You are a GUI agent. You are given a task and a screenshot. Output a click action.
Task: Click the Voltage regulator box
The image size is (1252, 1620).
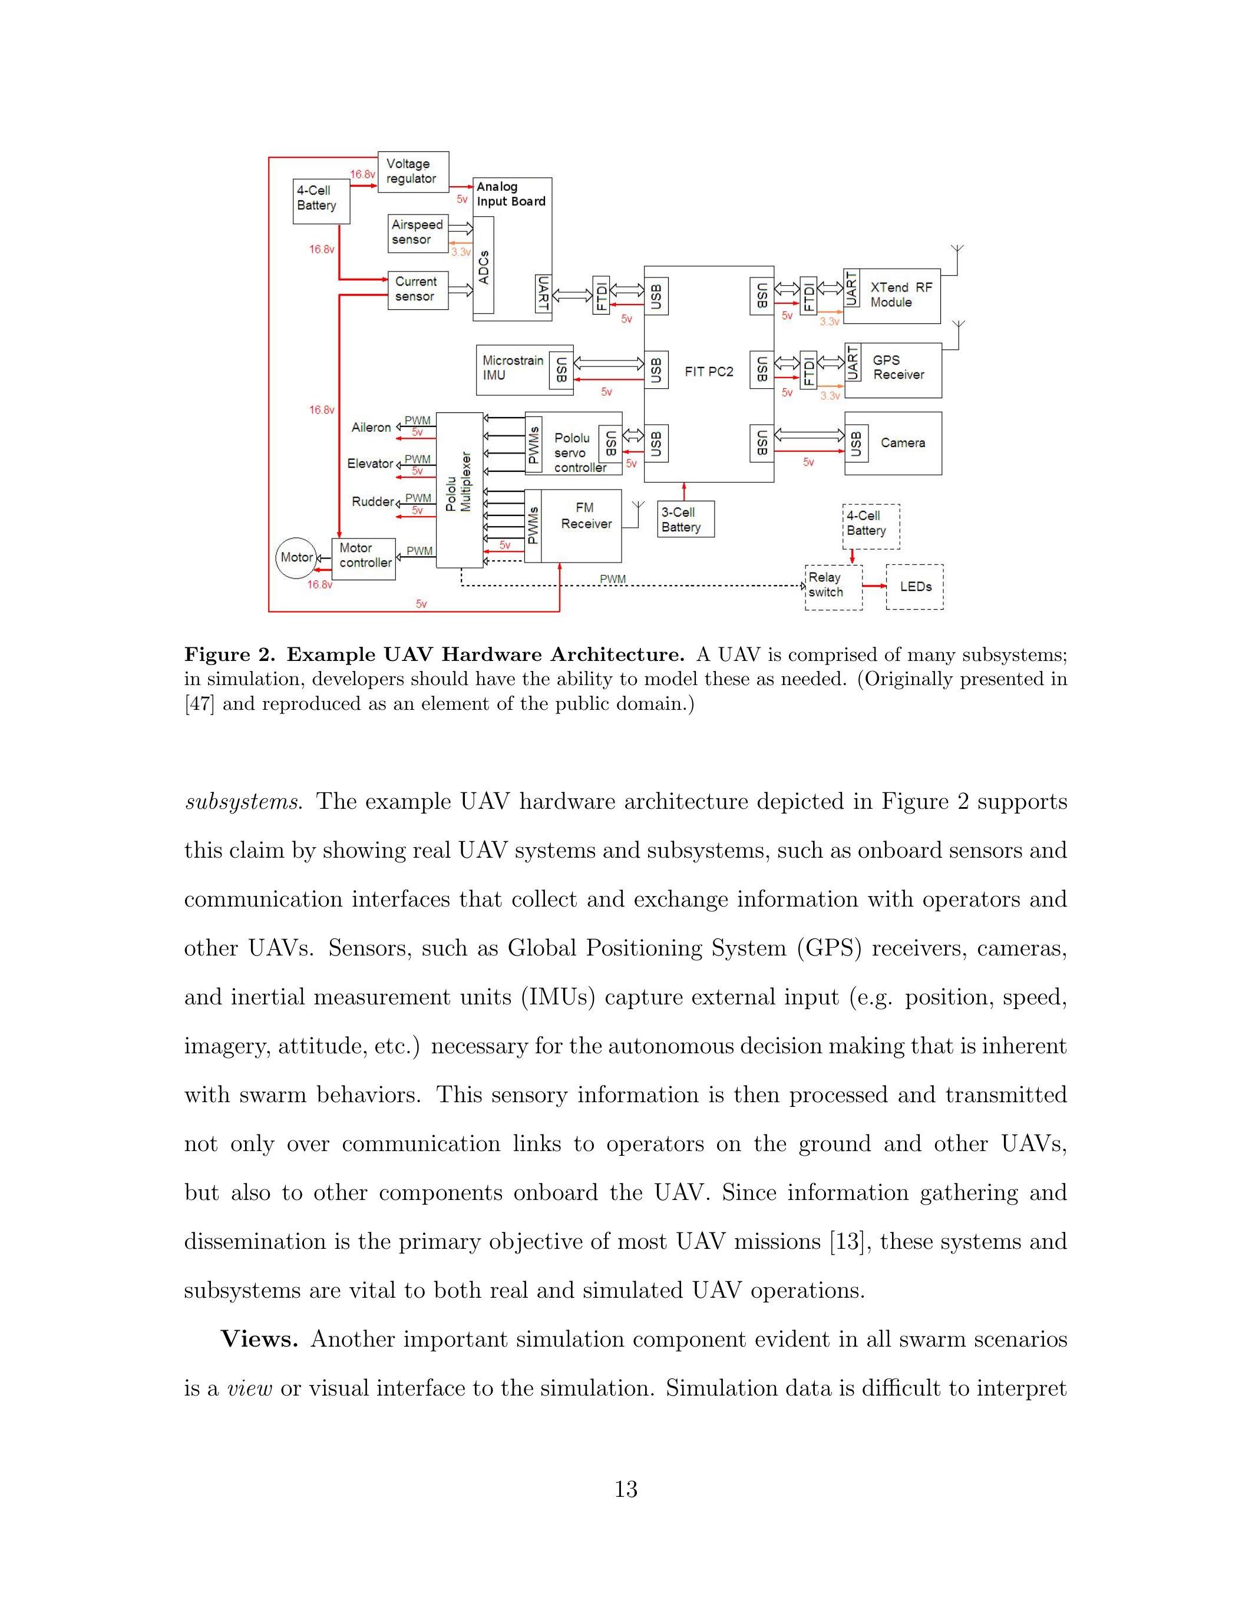(x=413, y=171)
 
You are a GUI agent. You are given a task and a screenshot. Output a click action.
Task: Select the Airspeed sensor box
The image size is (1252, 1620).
(x=418, y=232)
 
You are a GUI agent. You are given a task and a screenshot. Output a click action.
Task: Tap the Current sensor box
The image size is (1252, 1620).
(x=418, y=289)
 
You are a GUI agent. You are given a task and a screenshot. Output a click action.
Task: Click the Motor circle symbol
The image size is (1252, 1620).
(x=296, y=557)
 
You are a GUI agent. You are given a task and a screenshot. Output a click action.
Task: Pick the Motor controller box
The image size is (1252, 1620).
(x=364, y=558)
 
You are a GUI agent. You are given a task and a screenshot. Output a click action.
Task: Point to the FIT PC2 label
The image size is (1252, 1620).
(x=708, y=372)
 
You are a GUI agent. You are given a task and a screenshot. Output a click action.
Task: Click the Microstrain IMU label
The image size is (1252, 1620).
(x=513, y=368)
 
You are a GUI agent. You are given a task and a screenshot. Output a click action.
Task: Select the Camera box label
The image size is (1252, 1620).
(x=903, y=443)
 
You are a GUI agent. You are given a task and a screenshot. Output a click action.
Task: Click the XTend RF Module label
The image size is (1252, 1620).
(x=900, y=295)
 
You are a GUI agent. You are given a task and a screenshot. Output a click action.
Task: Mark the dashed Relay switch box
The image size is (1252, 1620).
(x=833, y=587)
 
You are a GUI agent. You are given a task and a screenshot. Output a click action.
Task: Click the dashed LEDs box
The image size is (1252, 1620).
(x=914, y=587)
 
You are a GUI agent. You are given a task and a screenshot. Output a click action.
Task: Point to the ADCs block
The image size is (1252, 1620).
(x=484, y=265)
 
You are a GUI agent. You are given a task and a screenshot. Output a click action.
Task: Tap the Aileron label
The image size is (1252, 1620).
(x=371, y=427)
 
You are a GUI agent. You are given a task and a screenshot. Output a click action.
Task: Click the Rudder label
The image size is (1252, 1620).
(x=372, y=502)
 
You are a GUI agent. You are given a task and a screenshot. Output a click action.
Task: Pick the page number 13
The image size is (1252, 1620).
(x=626, y=1489)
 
